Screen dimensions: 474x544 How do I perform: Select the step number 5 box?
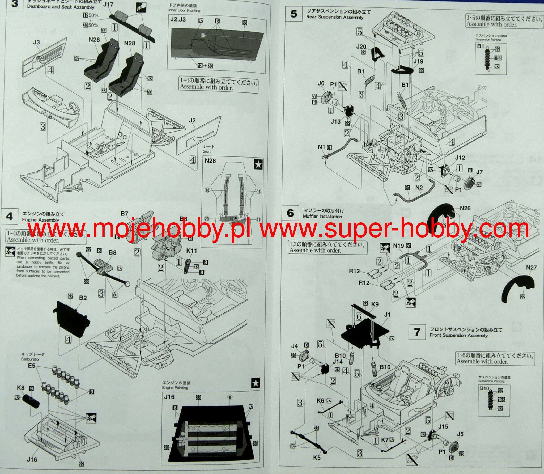point(294,14)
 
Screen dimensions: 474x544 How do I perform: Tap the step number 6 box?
point(290,213)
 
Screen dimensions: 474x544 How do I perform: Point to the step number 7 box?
point(417,332)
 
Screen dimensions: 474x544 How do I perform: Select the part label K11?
point(192,251)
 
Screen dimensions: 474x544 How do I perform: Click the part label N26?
point(465,208)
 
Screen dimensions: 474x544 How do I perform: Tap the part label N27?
point(531,268)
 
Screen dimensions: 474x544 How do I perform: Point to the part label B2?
point(83,298)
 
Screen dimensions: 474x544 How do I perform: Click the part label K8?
point(20,388)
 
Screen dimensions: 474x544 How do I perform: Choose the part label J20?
point(361,46)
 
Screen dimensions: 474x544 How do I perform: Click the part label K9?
point(375,305)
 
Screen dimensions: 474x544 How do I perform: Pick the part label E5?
point(31,366)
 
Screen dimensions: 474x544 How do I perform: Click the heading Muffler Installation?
point(322,217)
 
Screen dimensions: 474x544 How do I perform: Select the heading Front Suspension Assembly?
point(459,335)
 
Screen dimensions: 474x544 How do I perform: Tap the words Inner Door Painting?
point(184,10)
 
